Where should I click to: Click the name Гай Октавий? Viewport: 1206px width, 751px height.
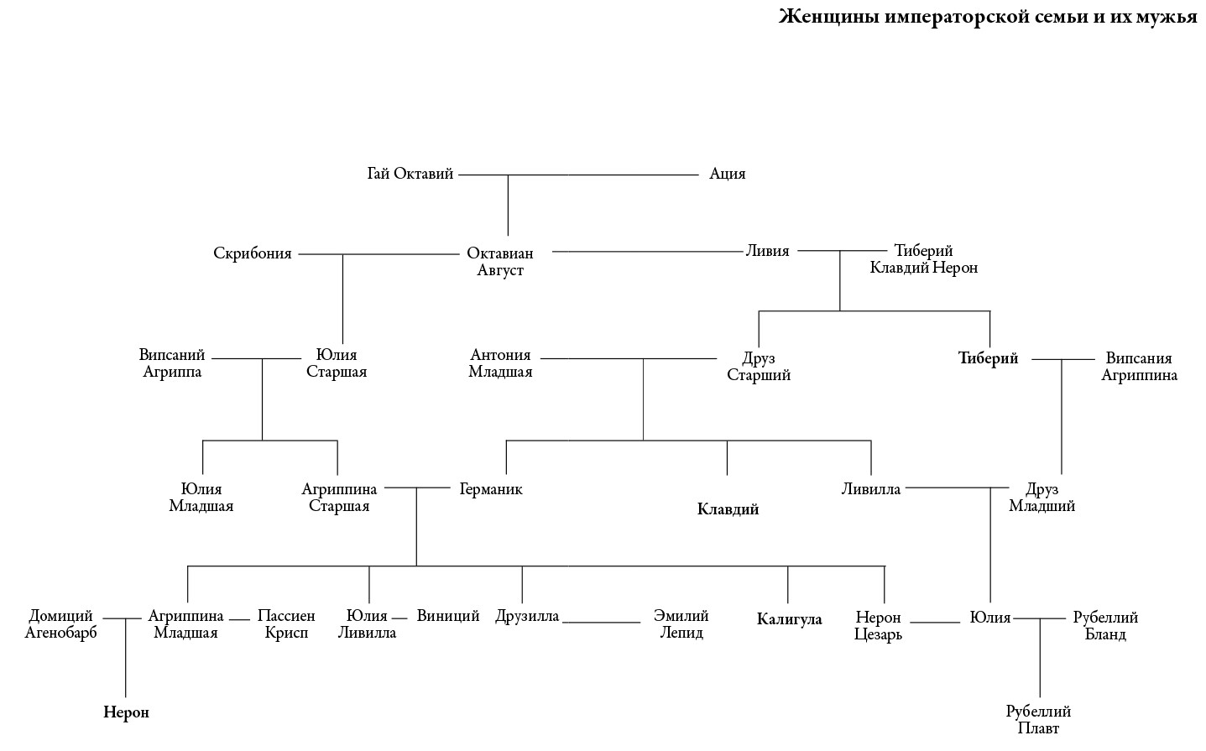410,174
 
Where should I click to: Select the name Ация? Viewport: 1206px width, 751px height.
727,174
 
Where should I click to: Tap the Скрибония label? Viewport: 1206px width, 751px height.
253,253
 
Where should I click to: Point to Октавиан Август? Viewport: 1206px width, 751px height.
500,262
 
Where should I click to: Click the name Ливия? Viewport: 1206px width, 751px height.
767,250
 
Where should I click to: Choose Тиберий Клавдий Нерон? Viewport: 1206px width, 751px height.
923,259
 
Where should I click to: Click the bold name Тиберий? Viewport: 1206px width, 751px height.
988,358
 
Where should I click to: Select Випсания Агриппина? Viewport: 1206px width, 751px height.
1139,367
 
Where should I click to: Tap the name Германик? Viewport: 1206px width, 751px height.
491,489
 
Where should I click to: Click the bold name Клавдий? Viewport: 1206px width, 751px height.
728,509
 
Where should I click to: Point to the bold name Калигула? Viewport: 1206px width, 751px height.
789,620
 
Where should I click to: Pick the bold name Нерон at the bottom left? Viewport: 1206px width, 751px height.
126,712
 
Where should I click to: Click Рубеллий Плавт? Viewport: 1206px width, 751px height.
1038,720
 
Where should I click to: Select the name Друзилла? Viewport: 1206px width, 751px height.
527,617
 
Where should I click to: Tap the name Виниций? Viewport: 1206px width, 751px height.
448,616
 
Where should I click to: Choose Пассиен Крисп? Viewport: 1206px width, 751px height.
286,624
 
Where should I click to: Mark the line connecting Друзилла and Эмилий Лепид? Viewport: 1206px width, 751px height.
602,623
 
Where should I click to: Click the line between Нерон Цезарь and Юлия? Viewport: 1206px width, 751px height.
934,623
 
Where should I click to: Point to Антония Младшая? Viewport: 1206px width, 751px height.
500,363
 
